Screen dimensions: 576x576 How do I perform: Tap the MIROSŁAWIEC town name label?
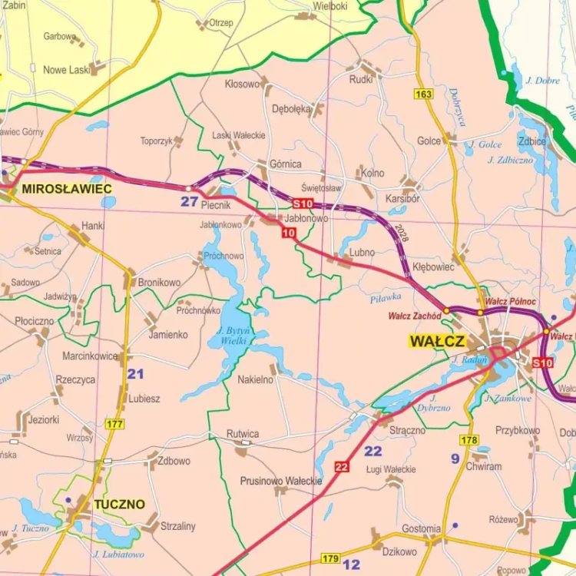click(x=67, y=188)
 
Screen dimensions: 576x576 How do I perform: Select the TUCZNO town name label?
click(x=119, y=505)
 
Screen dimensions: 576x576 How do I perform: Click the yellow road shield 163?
click(x=423, y=94)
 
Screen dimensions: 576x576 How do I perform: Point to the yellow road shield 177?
click(x=115, y=424)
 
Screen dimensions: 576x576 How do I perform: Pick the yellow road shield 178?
click(x=469, y=440)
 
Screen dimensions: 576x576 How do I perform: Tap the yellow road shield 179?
click(x=331, y=558)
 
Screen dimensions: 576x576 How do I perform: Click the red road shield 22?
click(x=342, y=466)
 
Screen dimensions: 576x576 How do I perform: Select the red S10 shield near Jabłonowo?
click(x=303, y=204)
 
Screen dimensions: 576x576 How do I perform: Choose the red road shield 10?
click(x=289, y=233)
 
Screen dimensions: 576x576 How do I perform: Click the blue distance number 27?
click(x=190, y=202)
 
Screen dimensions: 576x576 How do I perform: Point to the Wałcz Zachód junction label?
click(x=415, y=315)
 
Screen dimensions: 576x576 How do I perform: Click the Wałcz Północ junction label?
click(x=511, y=302)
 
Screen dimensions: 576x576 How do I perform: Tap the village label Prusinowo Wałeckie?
click(x=281, y=481)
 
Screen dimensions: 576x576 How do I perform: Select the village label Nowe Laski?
click(x=67, y=70)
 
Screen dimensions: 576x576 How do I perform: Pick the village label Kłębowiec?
click(x=433, y=266)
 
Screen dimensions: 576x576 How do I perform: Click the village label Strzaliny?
click(x=178, y=526)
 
